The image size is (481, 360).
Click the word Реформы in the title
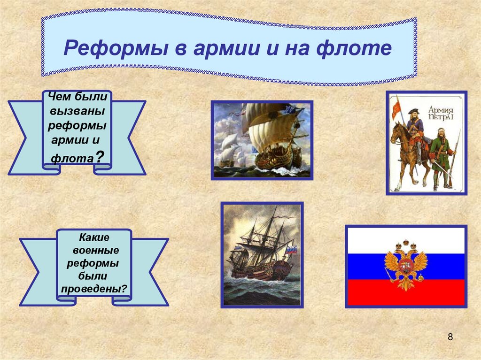[x=116, y=48]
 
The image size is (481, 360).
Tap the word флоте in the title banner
[x=354, y=48]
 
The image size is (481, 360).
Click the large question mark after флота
[x=99, y=156]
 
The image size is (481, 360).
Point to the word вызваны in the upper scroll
[x=78, y=111]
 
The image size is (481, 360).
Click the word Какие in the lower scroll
[x=94, y=237]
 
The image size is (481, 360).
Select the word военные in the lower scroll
[x=96, y=250]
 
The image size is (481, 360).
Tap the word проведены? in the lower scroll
[x=94, y=289]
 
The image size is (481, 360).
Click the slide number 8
[x=450, y=337]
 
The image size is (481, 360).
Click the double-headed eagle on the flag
[x=406, y=265]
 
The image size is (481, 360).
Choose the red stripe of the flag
[x=406, y=292]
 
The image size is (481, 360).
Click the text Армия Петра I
[x=441, y=113]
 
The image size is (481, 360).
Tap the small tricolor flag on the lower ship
[x=291, y=250]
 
